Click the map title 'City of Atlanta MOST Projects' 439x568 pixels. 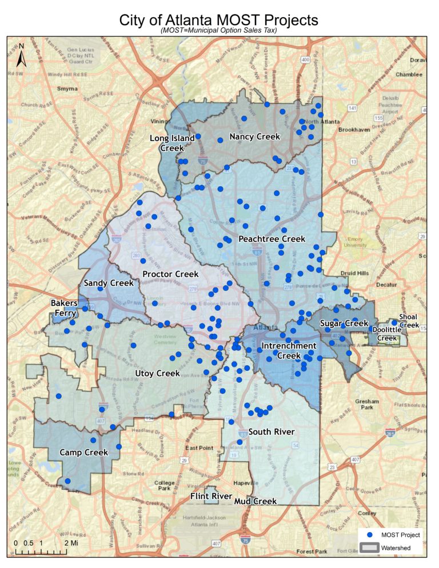click(x=218, y=20)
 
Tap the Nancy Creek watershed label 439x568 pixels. click(x=254, y=137)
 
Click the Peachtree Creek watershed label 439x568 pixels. click(x=272, y=238)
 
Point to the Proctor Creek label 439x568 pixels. click(x=170, y=274)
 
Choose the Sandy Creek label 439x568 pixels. click(x=108, y=283)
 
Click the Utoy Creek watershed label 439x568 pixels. click(x=157, y=373)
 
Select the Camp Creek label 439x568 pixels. click(x=83, y=453)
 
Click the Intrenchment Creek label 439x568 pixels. click(x=288, y=351)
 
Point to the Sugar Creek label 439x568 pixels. click(x=344, y=323)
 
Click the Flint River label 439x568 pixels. click(x=211, y=496)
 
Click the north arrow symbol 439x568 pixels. click(x=21, y=55)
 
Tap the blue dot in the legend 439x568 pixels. click(x=370, y=535)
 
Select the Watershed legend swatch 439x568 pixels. click(x=370, y=547)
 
